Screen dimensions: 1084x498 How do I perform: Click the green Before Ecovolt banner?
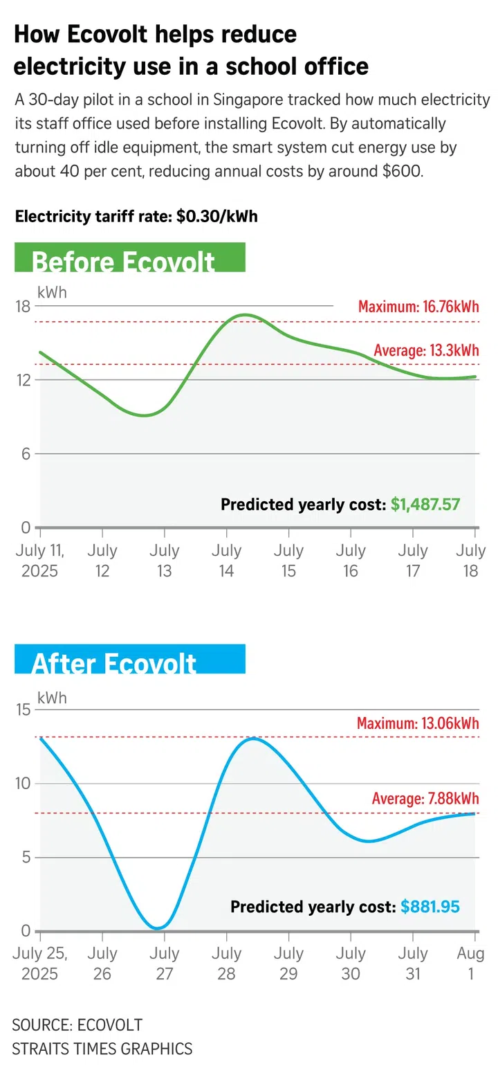click(x=129, y=258)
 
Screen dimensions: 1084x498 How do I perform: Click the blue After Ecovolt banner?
click(x=129, y=659)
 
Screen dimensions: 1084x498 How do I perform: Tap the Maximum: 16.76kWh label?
click(x=418, y=307)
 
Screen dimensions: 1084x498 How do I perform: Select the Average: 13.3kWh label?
click(x=425, y=350)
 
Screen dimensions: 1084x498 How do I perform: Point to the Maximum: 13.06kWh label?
click(x=417, y=723)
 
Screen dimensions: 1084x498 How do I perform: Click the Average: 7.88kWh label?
click(x=425, y=799)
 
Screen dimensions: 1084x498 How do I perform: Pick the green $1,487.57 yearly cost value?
click(x=425, y=505)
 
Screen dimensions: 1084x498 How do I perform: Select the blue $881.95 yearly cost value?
click(x=430, y=906)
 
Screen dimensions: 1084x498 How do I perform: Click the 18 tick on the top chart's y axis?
click(x=23, y=306)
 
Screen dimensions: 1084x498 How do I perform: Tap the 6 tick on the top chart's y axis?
click(x=26, y=454)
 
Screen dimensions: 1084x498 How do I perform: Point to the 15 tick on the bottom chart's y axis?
click(x=23, y=710)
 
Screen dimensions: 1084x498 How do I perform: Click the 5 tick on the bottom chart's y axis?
click(x=26, y=858)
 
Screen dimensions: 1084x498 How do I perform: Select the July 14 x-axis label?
click(x=226, y=561)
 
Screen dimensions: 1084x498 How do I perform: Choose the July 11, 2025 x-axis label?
click(x=39, y=561)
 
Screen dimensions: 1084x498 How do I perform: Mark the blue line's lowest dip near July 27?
click(x=158, y=928)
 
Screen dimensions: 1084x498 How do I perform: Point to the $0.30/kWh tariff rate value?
click(x=216, y=217)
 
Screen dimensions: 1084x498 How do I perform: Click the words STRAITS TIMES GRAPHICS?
click(x=102, y=1048)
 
